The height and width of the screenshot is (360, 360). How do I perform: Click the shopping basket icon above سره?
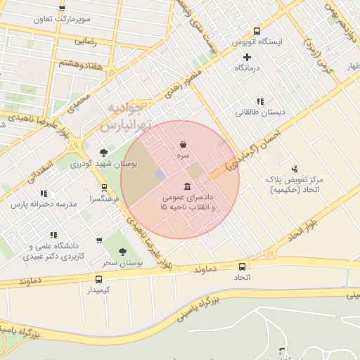[x=183, y=144]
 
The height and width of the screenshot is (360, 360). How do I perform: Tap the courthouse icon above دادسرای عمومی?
[x=186, y=186]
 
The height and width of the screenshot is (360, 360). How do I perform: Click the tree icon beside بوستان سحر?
[x=122, y=252]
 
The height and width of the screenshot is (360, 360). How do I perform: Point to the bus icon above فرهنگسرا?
[x=104, y=188]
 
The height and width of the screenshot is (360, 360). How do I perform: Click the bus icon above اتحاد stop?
[x=243, y=266]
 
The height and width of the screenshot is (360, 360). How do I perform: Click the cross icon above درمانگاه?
[x=247, y=57]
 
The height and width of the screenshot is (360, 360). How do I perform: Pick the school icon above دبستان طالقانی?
[x=260, y=101]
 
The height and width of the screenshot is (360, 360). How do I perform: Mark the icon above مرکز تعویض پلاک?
[x=294, y=169]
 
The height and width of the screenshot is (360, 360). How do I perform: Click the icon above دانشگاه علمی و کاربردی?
[x=53, y=235]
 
